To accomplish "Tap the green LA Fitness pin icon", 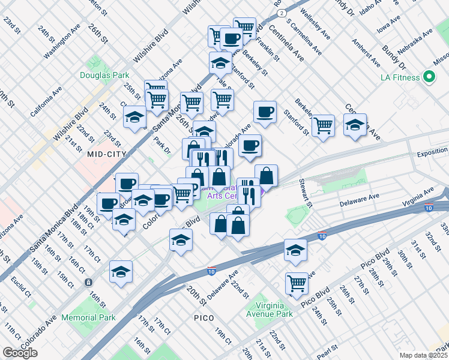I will tap(429, 77).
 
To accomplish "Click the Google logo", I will tap(20, 353).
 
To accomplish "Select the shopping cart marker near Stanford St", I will tap(323, 125).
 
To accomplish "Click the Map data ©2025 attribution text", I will tap(423, 355).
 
